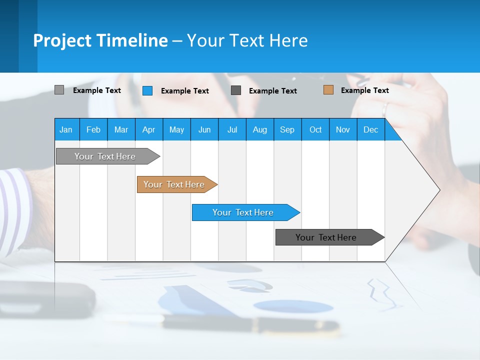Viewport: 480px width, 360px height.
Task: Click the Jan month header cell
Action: click(66, 129)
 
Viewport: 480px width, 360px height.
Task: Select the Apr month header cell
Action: click(149, 129)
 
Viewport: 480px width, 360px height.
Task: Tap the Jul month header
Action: click(232, 129)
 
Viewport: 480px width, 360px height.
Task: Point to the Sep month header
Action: click(287, 129)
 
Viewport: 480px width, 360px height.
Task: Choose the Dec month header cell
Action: click(370, 129)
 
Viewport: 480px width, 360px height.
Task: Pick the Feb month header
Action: click(93, 129)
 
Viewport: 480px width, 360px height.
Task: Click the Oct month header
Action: click(315, 129)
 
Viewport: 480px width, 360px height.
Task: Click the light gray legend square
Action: click(59, 90)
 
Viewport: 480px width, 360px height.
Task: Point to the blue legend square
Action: click(147, 90)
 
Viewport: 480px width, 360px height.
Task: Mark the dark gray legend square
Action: click(236, 90)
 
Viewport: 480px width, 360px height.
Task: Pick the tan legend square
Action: click(328, 90)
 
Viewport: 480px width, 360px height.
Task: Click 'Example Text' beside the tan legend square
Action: click(364, 90)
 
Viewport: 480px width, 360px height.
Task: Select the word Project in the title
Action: click(62, 40)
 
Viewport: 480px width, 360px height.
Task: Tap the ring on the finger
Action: click(385, 108)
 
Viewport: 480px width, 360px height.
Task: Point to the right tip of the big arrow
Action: click(438, 190)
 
